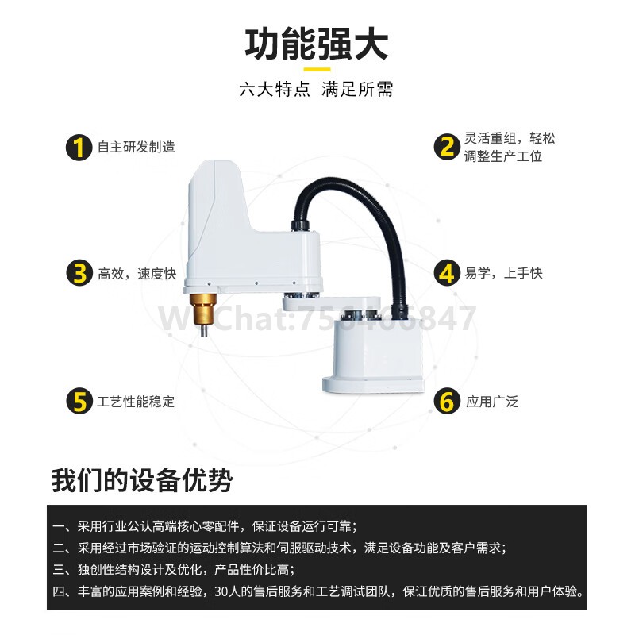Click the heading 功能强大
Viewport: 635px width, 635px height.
click(x=317, y=44)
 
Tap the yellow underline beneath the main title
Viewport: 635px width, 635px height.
click(x=317, y=69)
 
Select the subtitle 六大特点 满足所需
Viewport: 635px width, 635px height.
click(x=316, y=89)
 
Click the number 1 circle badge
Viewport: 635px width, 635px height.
click(x=79, y=148)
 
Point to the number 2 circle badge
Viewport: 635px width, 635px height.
click(x=447, y=147)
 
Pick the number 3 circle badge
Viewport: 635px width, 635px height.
click(x=79, y=273)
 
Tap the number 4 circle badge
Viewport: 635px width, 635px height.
click(x=447, y=273)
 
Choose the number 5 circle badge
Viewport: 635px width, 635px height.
click(x=79, y=401)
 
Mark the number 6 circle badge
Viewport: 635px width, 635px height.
click(x=447, y=401)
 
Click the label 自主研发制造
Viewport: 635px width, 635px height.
click(x=137, y=147)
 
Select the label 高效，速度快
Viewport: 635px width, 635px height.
click(x=137, y=274)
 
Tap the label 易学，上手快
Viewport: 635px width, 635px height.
click(x=503, y=273)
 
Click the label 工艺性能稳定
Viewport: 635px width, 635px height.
click(x=136, y=402)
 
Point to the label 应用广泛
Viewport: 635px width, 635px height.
click(x=492, y=402)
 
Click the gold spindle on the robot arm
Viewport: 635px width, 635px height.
click(x=204, y=309)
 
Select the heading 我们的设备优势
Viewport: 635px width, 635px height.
click(x=142, y=481)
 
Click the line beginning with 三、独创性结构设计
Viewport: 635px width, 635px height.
click(x=174, y=570)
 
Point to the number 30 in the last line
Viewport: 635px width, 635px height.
click(x=222, y=591)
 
